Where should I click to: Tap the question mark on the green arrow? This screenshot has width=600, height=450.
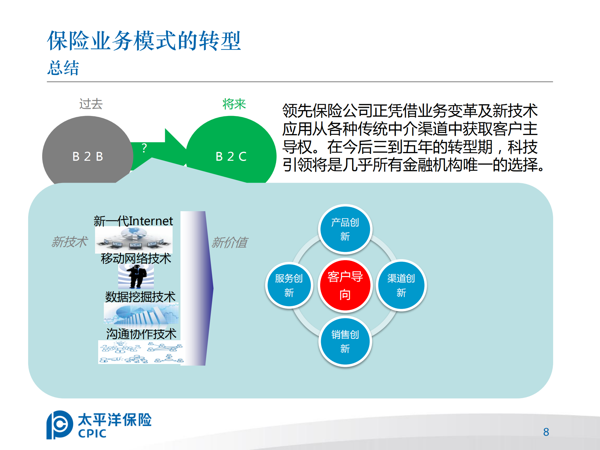tap(144, 148)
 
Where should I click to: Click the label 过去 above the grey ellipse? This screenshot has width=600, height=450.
tap(91, 104)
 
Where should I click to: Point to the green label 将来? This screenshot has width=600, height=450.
tap(234, 104)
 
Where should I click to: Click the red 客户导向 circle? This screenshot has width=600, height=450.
tap(345, 285)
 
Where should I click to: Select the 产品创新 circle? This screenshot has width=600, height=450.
tap(345, 229)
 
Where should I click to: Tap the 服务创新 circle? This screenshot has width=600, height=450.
tap(289, 285)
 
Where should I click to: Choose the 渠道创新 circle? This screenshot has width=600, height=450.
tap(401, 285)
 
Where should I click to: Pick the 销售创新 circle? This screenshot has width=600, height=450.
tap(345, 341)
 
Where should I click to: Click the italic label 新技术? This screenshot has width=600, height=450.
tap(69, 242)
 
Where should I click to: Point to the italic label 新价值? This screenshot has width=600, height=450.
tap(229, 243)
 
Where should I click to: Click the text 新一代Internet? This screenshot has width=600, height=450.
tap(133, 221)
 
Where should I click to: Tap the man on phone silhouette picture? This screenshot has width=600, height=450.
tap(136, 276)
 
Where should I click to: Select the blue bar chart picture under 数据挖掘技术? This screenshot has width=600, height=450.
tap(141, 314)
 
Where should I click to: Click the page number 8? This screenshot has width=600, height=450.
tap(546, 432)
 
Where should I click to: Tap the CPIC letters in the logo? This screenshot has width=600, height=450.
tap(92, 433)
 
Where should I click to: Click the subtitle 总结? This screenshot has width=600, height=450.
tap(63, 68)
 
